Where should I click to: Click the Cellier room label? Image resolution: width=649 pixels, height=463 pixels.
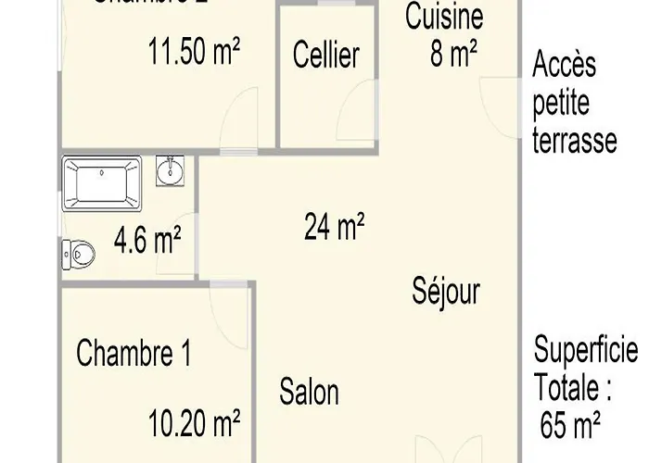325,55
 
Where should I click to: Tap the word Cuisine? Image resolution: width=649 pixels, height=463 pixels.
444,16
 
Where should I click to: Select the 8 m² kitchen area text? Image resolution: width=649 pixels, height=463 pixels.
452,55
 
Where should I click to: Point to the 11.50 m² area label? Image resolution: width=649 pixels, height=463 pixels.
194,52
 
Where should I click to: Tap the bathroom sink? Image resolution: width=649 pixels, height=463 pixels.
170,170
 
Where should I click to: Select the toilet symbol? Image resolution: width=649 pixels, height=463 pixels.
79,251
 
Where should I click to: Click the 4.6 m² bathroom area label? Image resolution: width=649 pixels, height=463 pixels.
146,242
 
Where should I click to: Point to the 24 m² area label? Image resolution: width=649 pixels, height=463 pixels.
334,225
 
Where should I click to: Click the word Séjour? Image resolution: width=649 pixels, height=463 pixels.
446,292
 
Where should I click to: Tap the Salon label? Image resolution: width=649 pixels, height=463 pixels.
309,392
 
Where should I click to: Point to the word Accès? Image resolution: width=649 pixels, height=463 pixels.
564,66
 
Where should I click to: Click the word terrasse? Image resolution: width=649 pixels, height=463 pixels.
575,142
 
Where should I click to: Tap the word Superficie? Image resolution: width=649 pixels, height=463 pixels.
586,351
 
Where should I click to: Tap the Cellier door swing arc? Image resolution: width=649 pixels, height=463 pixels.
357,116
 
